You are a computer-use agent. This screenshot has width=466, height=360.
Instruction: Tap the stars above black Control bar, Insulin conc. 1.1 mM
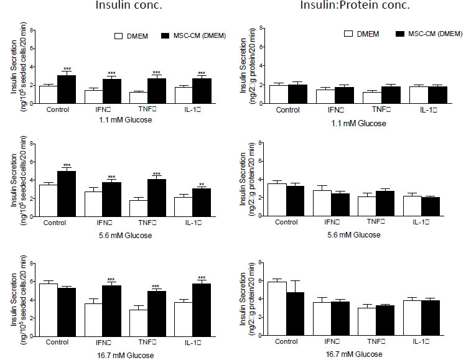(x=67, y=68)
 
